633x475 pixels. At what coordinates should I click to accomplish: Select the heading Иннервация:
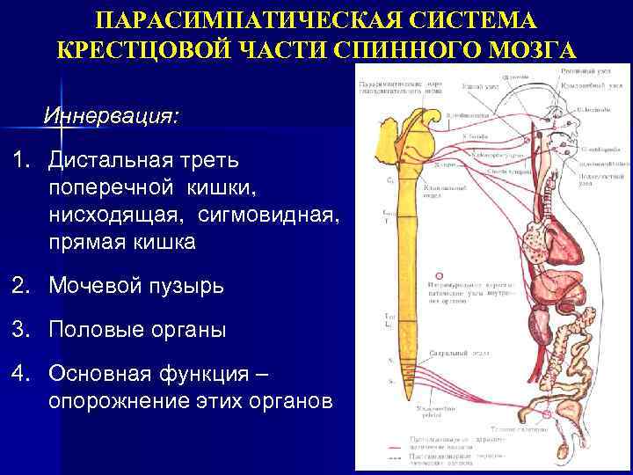pos(110,116)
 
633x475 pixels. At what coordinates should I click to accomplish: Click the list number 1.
pos(18,161)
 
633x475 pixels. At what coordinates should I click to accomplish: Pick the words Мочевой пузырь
pos(136,286)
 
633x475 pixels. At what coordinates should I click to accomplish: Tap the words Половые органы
pos(137,330)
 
